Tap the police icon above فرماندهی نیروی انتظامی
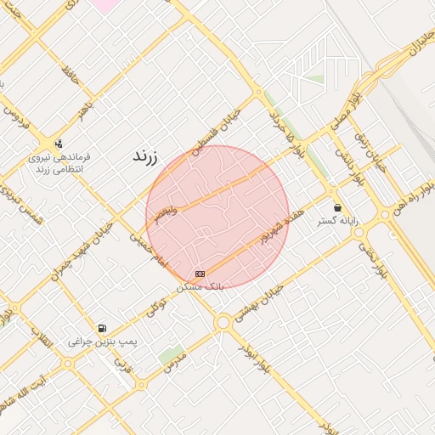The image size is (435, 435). tap(59, 143)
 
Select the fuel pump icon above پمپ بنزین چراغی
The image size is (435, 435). tap(102, 328)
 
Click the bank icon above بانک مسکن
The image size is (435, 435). tap(200, 274)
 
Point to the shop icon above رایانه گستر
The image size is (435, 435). tap(338, 207)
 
